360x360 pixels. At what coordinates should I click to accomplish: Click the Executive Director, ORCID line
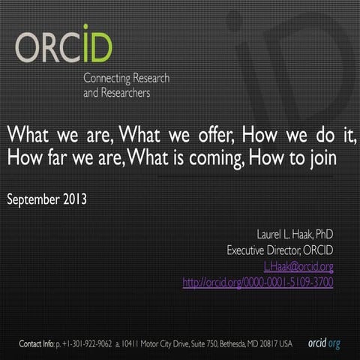tap(280, 250)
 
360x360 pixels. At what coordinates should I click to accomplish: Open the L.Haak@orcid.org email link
tap(298, 266)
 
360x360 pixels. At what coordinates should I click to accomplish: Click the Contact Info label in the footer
tap(37, 343)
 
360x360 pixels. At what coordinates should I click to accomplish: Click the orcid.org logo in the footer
tap(324, 343)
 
